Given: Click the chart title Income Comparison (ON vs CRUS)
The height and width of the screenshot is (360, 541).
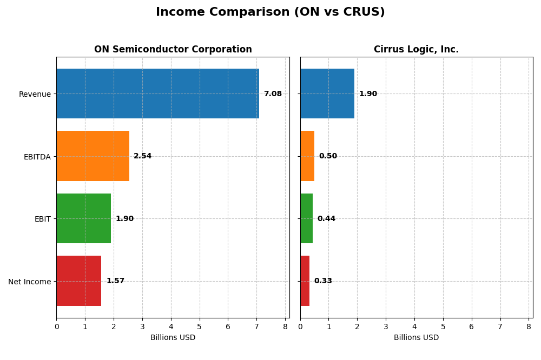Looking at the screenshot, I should click(270, 12).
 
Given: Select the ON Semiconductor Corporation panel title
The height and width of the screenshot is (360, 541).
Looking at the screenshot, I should click(173, 50).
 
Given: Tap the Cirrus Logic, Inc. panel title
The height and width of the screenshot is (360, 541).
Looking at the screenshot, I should click(416, 50).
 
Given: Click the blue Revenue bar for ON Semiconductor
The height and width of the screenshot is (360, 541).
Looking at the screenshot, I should click(157, 94).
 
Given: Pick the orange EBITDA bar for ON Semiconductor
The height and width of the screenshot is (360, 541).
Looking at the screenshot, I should click(93, 156).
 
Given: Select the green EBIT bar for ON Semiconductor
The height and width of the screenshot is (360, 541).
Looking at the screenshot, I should click(83, 218).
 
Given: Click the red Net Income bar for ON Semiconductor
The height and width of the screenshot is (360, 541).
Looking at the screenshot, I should click(79, 281).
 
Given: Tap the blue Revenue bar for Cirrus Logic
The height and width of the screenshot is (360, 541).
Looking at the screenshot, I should click(327, 94).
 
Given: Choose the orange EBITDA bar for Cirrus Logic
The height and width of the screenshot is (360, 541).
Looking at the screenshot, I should click(307, 156).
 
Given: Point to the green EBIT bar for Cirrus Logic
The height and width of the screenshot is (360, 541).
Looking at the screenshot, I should click(306, 218).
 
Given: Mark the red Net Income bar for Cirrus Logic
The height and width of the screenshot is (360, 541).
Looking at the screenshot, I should click(305, 281).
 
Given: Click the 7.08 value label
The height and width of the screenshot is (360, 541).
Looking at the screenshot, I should click(273, 94).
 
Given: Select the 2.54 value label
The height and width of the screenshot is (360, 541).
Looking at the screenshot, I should click(143, 156).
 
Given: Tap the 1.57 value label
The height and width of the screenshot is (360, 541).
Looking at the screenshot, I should click(115, 281).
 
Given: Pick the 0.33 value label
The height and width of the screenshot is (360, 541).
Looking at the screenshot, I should click(323, 281).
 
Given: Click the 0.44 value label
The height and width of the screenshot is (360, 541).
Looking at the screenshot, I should click(326, 219).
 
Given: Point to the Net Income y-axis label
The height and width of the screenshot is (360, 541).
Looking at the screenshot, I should click(30, 282).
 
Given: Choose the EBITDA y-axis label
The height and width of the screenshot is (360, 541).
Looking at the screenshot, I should click(37, 157).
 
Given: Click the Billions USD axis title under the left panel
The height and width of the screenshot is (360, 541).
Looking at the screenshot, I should click(173, 338).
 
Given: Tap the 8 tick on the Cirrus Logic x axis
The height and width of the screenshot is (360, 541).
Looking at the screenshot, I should click(529, 326).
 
